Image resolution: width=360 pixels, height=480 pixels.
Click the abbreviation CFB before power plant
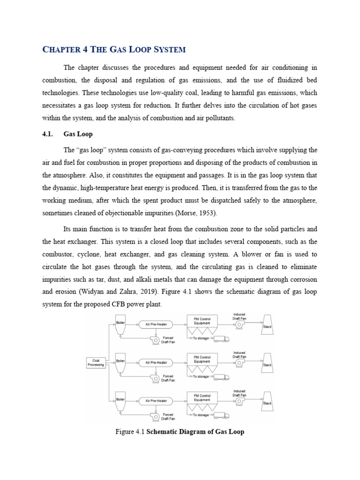[x=134, y=304]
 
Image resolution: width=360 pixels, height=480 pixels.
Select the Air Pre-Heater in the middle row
[x=156, y=363]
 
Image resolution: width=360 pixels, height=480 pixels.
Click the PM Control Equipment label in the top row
[x=202, y=321]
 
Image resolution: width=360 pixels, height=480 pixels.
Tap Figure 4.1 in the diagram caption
[x=130, y=432]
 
